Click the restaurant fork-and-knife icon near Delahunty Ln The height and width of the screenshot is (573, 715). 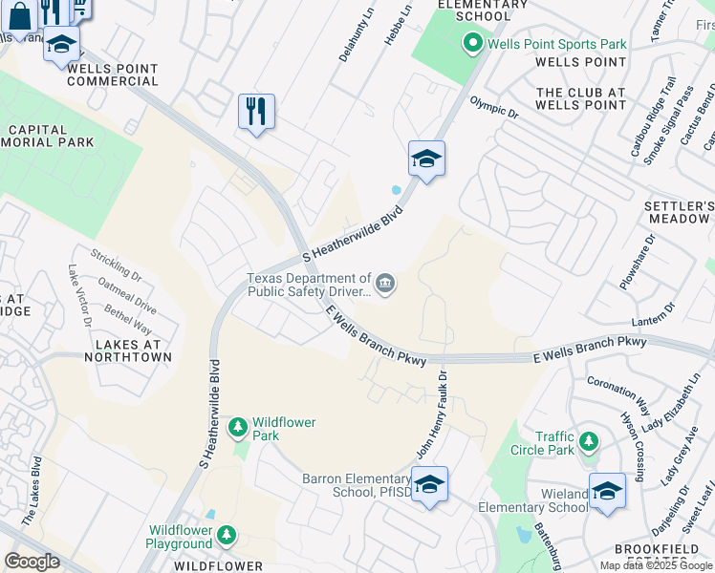(x=256, y=112)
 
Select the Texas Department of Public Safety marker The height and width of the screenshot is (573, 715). (x=386, y=282)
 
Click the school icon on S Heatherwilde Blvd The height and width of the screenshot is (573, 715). (x=426, y=159)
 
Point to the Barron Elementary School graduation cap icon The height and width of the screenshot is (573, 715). (x=429, y=483)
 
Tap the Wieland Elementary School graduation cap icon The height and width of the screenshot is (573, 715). (x=607, y=491)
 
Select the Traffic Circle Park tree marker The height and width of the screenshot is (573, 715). (x=590, y=441)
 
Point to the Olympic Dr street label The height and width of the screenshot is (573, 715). (x=493, y=105)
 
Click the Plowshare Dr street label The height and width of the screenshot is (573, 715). (x=638, y=262)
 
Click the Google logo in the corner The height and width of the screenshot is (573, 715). (x=32, y=562)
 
